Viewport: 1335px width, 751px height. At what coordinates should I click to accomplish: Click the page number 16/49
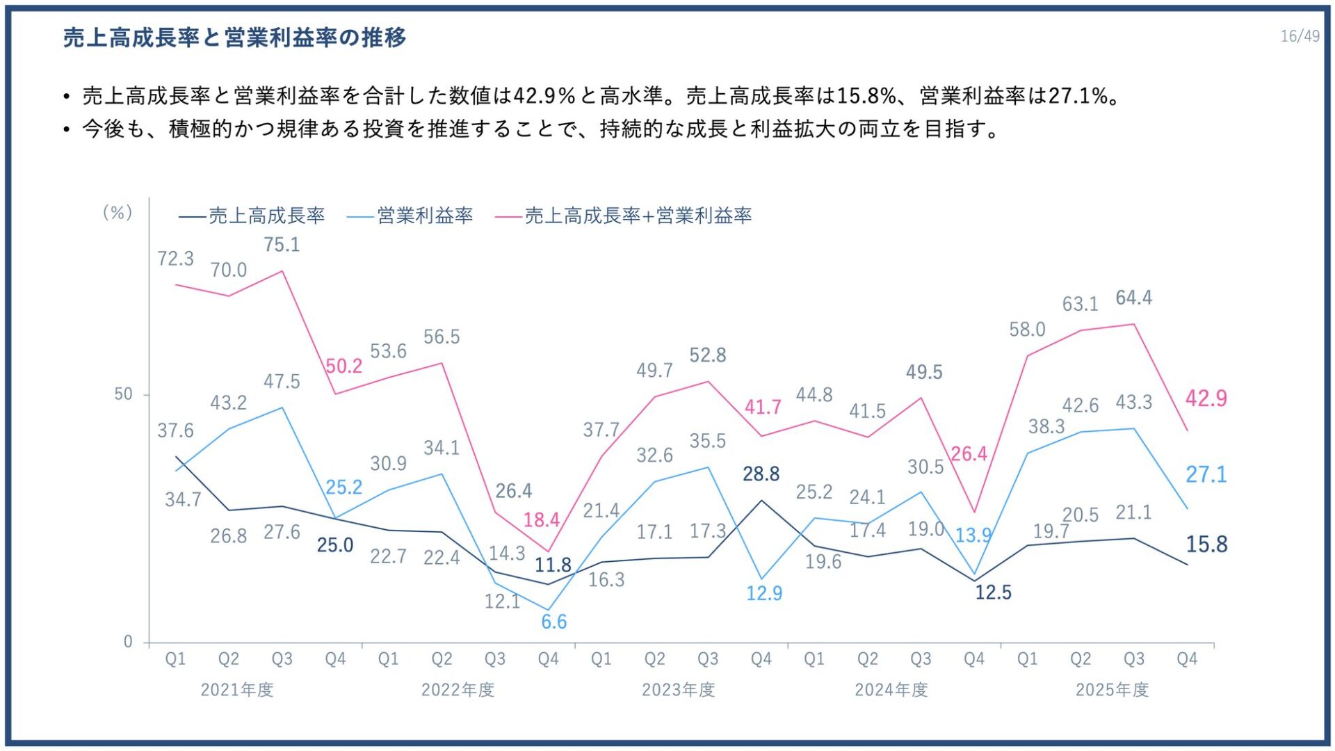(x=1299, y=36)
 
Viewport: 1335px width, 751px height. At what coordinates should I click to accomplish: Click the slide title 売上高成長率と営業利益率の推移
(x=235, y=38)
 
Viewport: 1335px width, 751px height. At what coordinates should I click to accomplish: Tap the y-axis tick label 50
(x=123, y=394)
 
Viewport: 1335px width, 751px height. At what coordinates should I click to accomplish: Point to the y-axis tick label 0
(x=128, y=642)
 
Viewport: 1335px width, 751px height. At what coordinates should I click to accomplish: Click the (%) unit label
(x=118, y=213)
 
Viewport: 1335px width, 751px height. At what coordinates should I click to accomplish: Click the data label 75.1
(x=282, y=245)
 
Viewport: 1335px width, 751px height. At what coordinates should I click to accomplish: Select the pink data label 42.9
(x=1206, y=398)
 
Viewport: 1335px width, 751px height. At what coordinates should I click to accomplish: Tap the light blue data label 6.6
(x=554, y=622)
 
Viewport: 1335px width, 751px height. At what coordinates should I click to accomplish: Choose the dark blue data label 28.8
(x=761, y=474)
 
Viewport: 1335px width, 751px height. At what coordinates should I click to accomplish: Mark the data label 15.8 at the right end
(x=1206, y=544)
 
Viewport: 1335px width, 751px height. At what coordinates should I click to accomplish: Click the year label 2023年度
(x=678, y=690)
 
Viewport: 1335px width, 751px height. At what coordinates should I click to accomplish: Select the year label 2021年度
(x=237, y=690)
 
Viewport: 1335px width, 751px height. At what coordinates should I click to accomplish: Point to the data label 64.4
(x=1133, y=298)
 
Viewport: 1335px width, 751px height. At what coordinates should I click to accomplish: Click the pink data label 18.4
(x=541, y=520)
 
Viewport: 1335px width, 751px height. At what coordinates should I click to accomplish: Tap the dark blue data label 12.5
(x=993, y=592)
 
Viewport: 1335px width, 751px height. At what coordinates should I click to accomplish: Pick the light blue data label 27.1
(x=1206, y=475)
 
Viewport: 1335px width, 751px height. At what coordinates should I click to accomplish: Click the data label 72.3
(x=175, y=259)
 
